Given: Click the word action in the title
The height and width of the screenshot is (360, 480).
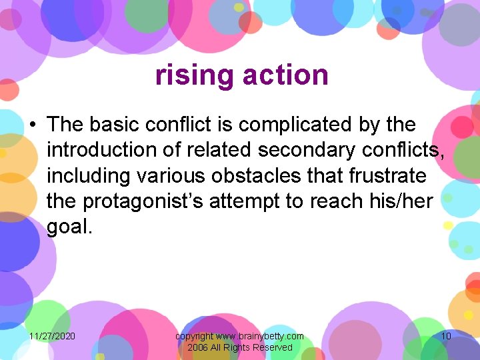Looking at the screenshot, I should click(x=285, y=75).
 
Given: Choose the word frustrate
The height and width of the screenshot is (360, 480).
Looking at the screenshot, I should click(x=388, y=176).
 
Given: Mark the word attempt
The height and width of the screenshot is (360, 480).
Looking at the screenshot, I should click(x=245, y=201).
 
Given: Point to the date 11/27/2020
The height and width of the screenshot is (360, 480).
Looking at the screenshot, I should click(x=52, y=336).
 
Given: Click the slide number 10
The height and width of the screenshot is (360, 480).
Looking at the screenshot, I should click(x=446, y=336).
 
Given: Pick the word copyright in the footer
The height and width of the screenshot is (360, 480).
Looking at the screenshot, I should click(x=194, y=336).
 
